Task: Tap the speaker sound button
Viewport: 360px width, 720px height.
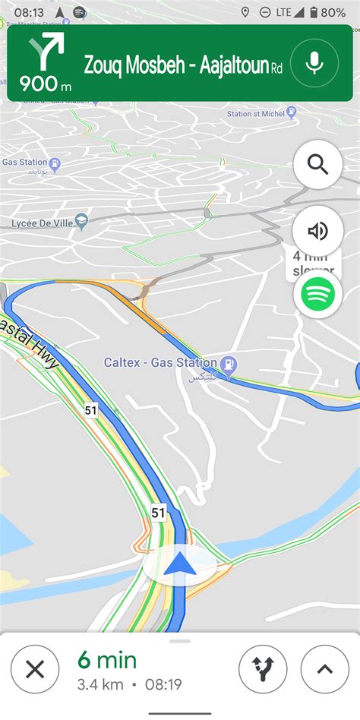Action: pyautogui.click(x=317, y=230)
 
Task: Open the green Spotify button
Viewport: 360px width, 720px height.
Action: pyautogui.click(x=317, y=294)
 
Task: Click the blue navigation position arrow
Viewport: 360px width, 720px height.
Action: pyautogui.click(x=180, y=563)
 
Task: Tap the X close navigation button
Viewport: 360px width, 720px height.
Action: pyautogui.click(x=35, y=669)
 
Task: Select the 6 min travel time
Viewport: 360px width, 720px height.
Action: pyautogui.click(x=106, y=660)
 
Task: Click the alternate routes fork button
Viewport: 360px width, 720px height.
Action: pyautogui.click(x=263, y=669)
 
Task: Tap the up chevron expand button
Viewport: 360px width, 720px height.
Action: pyautogui.click(x=325, y=669)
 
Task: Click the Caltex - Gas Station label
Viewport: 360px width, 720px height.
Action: pyautogui.click(x=160, y=363)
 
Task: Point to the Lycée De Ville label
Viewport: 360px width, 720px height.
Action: pyautogui.click(x=41, y=223)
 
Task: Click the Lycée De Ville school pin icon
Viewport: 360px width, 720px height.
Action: pyautogui.click(x=82, y=221)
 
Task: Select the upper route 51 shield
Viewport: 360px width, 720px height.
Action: pyautogui.click(x=91, y=410)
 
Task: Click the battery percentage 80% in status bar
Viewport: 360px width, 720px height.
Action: pyautogui.click(x=333, y=13)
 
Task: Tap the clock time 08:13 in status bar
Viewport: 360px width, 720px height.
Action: pyautogui.click(x=29, y=13)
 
